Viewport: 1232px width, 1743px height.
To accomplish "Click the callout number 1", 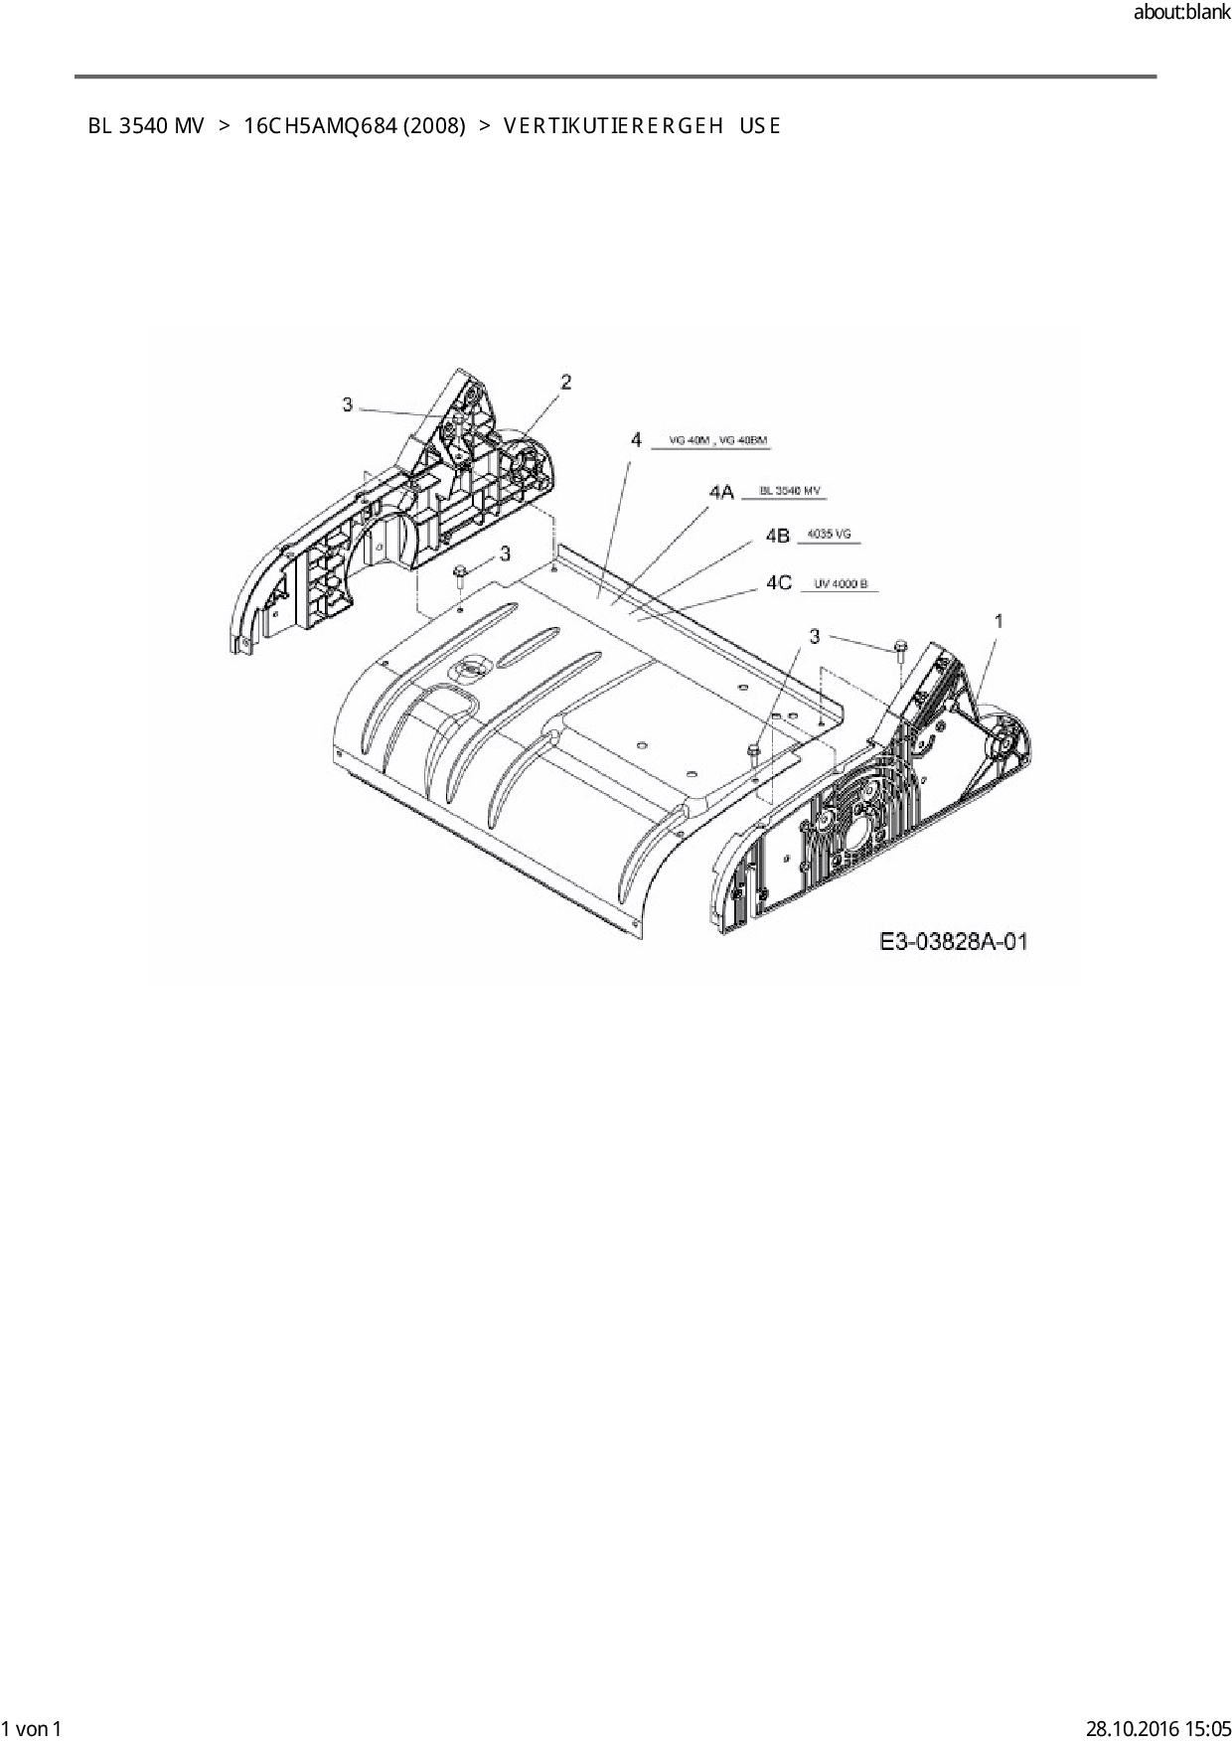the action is coord(999,621).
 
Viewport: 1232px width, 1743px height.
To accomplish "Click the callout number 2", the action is coord(565,382).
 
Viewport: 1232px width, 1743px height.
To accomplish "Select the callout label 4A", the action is coord(721,492).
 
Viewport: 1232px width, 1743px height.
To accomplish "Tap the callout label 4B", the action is coord(778,536).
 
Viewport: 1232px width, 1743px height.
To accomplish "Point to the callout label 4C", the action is coord(779,583).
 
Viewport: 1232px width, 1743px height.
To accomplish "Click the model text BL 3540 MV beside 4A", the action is coord(791,491).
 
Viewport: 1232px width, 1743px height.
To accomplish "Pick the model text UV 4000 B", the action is coord(841,584).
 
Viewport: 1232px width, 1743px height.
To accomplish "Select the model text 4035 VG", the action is coord(829,535).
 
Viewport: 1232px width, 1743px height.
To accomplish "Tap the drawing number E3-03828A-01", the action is coord(953,941).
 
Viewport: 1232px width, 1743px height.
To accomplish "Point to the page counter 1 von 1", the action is coord(32,1729).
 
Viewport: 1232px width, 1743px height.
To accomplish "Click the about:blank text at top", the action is coord(1181,13).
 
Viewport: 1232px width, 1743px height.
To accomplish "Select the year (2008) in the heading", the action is coord(435,126).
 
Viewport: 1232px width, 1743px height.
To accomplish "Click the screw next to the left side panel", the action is coord(461,574).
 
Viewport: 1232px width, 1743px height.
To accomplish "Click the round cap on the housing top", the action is coord(470,669).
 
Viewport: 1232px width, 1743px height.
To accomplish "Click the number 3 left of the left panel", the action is coord(347,404).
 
